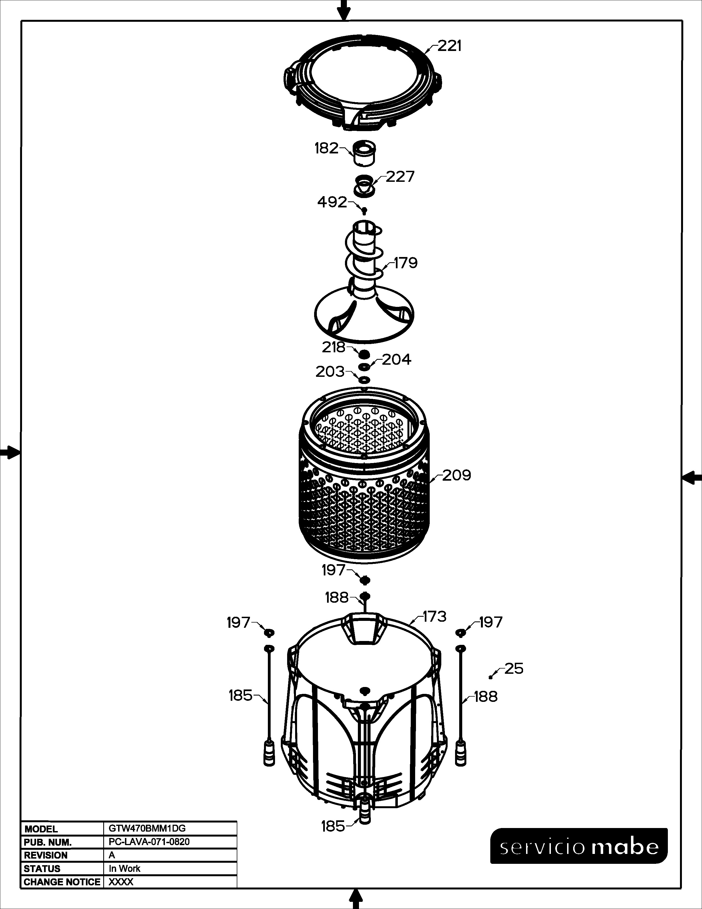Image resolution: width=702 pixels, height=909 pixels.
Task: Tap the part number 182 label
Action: [326, 148]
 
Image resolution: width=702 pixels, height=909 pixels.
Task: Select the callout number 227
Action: [400, 177]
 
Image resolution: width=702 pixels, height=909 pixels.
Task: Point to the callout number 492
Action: [332, 202]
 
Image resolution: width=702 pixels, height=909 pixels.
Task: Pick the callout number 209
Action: [456, 475]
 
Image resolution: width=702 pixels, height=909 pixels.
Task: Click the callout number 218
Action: [334, 347]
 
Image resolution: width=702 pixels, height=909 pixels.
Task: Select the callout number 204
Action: [396, 359]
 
